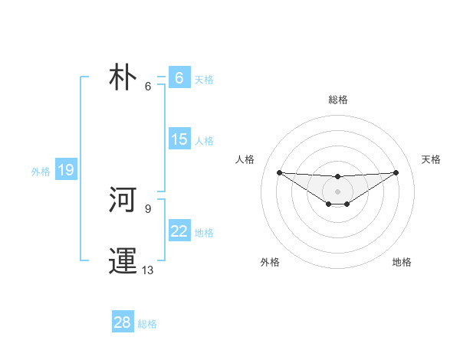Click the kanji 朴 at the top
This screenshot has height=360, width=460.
pos(123,78)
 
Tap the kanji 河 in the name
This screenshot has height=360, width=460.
pos(123,201)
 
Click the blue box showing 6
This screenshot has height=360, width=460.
pos(179,77)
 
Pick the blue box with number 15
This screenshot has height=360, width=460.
pos(179,139)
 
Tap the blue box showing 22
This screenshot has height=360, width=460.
pos(179,231)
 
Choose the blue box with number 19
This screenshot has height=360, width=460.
pos(65,170)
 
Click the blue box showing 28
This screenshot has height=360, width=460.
pos(122,322)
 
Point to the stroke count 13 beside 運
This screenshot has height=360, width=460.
pos(148,270)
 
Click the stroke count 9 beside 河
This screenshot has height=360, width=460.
pos(148,208)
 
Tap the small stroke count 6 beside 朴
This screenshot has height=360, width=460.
pos(148,86)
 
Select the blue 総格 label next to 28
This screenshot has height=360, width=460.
pos(147,324)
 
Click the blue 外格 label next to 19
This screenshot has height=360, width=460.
pos(41,172)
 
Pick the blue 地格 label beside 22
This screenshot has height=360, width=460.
pos(204,233)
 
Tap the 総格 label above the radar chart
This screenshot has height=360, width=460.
pos(338,100)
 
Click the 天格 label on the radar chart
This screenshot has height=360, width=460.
pos(431,159)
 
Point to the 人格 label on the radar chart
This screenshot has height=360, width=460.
pos(245,159)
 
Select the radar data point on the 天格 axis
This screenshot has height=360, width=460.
pos(396,172)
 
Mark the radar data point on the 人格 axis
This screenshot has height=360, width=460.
pos(279,172)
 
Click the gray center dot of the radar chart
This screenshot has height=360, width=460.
pos(337,191)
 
